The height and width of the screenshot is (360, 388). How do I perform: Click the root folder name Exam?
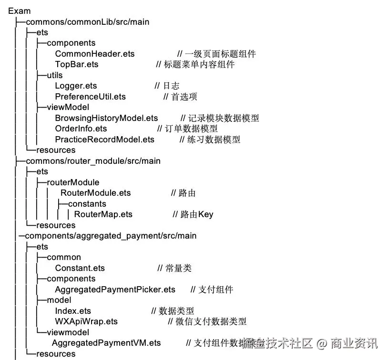tap(19, 11)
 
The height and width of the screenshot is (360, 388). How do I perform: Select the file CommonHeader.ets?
tap(95, 54)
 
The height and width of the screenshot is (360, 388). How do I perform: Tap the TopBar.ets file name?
tap(77, 64)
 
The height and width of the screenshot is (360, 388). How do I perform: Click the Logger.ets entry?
tap(76, 86)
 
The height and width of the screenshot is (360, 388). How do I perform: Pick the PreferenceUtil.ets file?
tap(90, 97)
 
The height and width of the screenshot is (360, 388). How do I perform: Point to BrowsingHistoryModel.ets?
tap(106, 118)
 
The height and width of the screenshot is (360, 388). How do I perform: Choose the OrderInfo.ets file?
tap(81, 129)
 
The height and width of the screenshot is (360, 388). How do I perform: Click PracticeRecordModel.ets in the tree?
tap(105, 140)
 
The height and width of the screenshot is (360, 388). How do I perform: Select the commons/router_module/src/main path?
tap(93, 161)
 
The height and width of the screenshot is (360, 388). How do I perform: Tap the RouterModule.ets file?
tap(95, 193)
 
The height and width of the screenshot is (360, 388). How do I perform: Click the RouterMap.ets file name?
tap(103, 214)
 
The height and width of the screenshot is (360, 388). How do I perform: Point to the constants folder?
tap(87, 204)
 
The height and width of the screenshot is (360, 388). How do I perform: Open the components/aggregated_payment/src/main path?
tap(111, 236)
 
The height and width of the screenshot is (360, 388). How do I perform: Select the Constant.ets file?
tap(80, 268)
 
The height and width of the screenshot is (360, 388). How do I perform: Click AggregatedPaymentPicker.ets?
tap(115, 290)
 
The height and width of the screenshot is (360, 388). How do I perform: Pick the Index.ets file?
tap(73, 311)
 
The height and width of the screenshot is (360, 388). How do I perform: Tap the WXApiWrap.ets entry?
tap(86, 321)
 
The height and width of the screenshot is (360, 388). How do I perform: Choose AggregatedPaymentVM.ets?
tap(106, 343)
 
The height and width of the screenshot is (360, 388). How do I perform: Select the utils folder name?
tap(55, 75)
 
